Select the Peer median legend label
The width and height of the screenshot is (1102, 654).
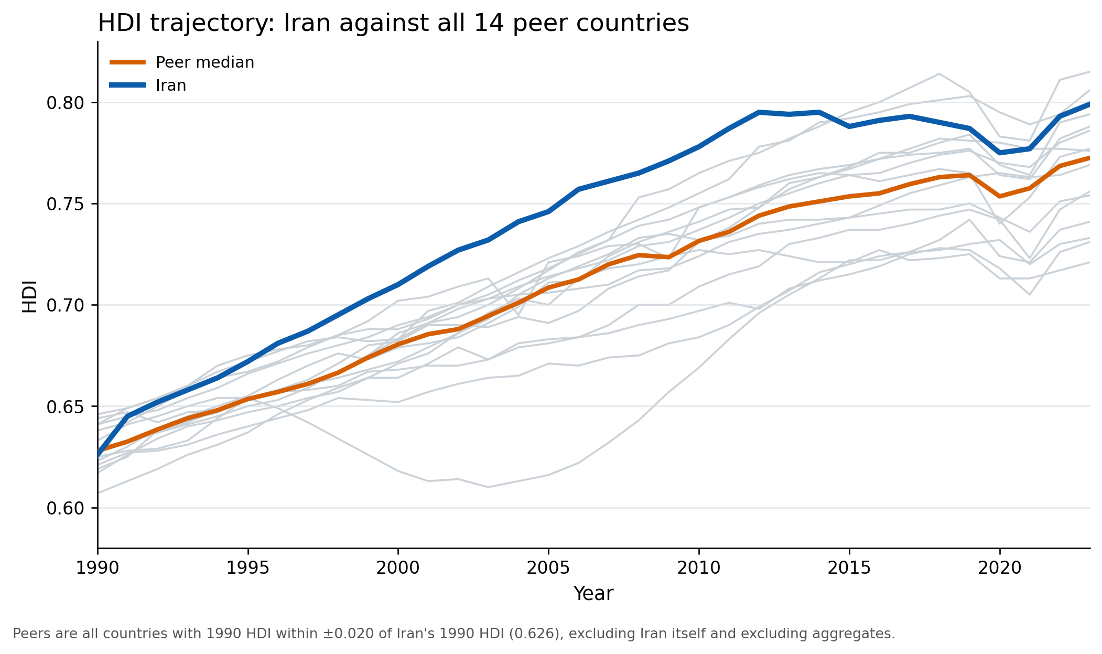(204, 62)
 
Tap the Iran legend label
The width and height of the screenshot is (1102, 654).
(171, 85)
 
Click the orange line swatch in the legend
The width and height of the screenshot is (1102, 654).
(127, 62)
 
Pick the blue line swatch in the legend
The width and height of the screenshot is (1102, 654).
(127, 85)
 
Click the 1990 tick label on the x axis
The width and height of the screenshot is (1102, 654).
(98, 568)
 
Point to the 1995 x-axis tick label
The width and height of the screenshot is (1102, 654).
(248, 568)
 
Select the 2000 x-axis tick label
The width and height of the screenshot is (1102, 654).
(398, 568)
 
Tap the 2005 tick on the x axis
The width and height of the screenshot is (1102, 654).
(548, 568)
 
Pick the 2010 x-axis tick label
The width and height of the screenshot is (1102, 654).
(699, 568)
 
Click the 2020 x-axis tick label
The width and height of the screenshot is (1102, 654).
(999, 568)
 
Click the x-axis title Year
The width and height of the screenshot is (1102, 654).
(593, 594)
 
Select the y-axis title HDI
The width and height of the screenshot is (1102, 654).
(30, 296)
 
